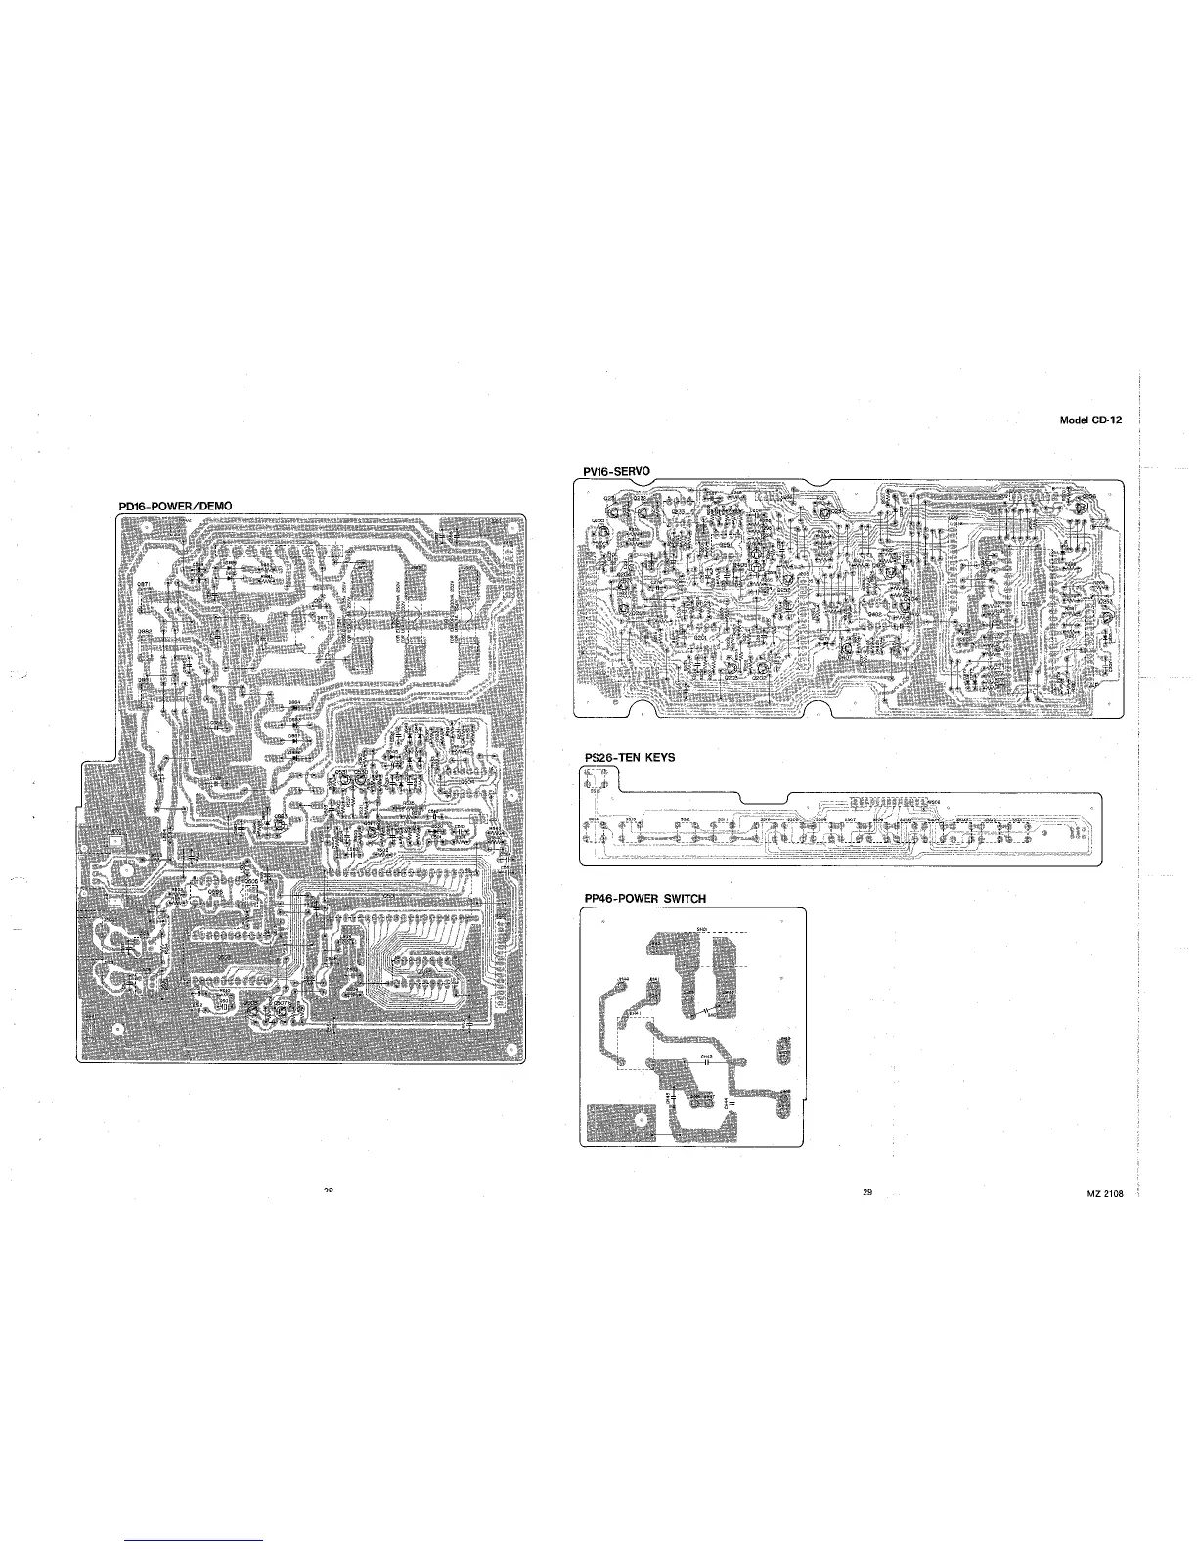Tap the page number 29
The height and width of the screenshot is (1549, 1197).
(x=867, y=1191)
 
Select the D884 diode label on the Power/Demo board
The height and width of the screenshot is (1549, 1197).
(x=293, y=703)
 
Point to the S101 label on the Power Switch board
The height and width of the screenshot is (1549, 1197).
(x=701, y=928)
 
